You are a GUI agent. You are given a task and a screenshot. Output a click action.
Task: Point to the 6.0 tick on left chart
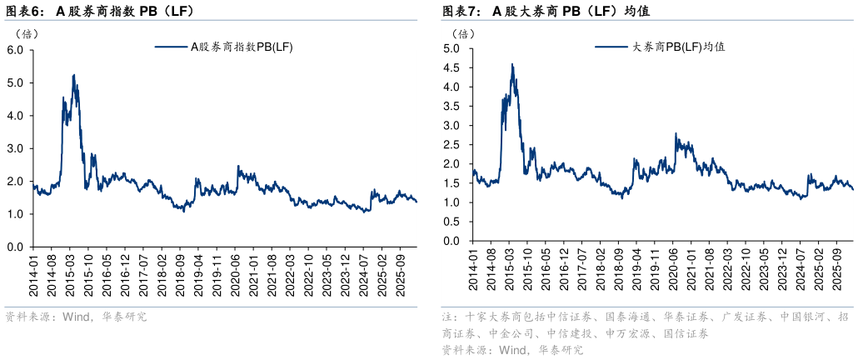coord(16,50)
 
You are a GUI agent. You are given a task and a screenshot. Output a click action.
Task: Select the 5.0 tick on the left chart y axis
coord(16,82)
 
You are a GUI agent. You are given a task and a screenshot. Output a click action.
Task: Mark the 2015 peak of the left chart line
coord(74,75)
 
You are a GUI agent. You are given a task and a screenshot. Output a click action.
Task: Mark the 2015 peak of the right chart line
coord(512,64)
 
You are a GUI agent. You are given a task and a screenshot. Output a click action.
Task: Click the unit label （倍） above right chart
coord(463,33)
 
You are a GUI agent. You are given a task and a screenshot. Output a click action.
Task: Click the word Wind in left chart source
coord(76,317)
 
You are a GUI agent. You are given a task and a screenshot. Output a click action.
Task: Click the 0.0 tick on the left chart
coord(16,247)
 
